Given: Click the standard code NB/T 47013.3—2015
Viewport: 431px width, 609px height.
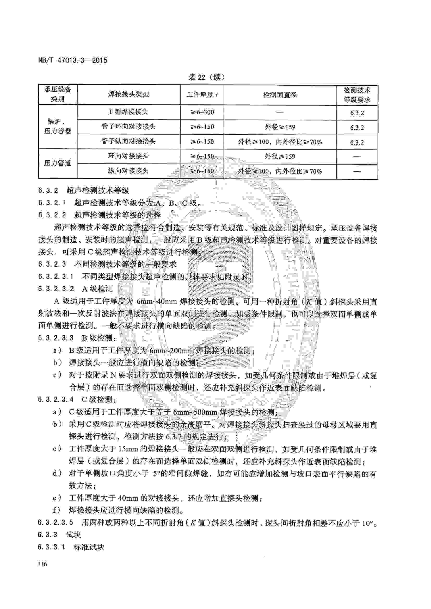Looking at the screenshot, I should (x=73, y=60).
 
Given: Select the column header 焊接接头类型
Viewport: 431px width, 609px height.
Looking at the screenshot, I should (x=128, y=95).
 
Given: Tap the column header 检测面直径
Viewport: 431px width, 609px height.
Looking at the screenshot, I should (x=280, y=95).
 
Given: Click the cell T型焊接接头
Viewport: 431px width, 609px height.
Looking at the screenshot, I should (x=128, y=112).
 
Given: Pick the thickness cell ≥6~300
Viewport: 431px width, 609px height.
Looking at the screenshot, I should (x=202, y=112).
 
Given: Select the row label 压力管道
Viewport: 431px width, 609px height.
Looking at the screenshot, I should (x=58, y=163).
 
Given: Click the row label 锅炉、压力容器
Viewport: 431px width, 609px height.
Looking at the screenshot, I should (x=58, y=126).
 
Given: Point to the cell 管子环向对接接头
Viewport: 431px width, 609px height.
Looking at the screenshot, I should (x=128, y=127).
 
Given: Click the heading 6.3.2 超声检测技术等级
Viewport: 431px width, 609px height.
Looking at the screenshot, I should (x=84, y=190).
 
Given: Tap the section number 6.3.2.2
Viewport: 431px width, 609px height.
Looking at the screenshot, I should (x=52, y=215).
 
